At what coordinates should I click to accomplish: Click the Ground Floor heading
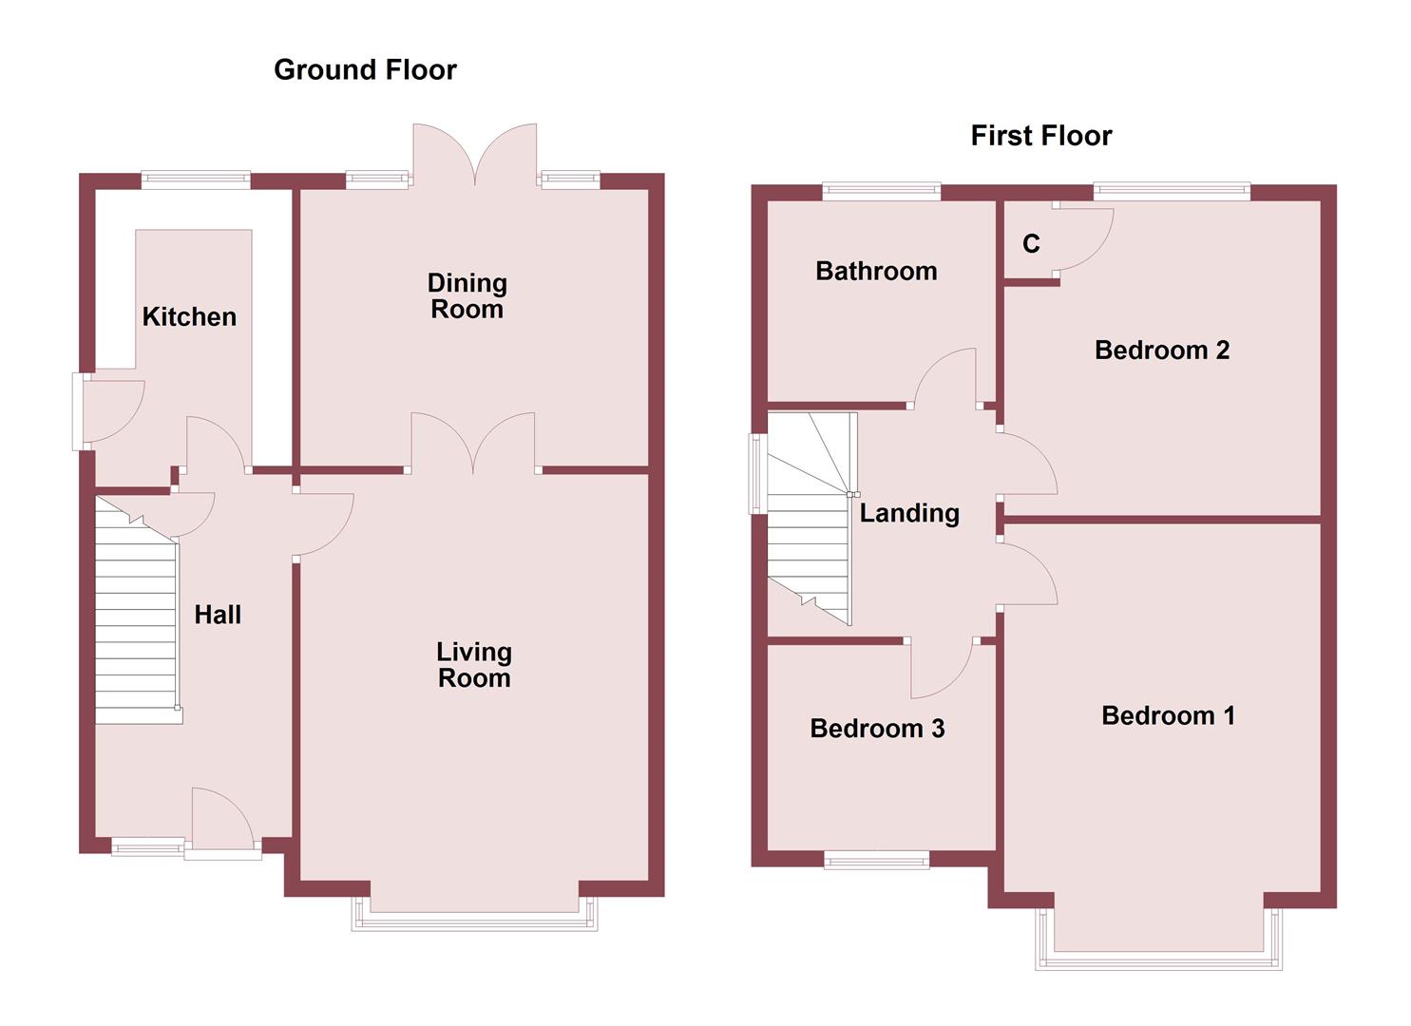click(x=365, y=70)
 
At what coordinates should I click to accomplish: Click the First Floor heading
click(x=1040, y=136)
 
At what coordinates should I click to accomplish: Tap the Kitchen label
click(x=189, y=317)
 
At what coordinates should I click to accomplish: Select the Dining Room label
click(x=467, y=296)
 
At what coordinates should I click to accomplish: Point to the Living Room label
click(x=473, y=665)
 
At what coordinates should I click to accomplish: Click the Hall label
click(x=218, y=616)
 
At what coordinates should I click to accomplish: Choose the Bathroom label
click(x=876, y=272)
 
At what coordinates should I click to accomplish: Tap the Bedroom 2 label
click(x=1161, y=351)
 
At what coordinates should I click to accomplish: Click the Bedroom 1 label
click(x=1168, y=716)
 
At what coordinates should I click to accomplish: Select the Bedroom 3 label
click(x=877, y=729)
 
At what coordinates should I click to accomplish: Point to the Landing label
click(x=909, y=514)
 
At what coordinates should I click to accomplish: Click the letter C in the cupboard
click(x=1031, y=245)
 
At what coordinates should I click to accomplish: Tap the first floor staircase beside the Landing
click(x=808, y=532)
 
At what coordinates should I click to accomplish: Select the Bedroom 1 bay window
click(x=1158, y=958)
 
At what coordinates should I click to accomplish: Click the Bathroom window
click(x=881, y=192)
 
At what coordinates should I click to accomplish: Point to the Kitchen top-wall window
click(x=196, y=180)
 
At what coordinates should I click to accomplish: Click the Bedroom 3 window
click(x=876, y=861)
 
